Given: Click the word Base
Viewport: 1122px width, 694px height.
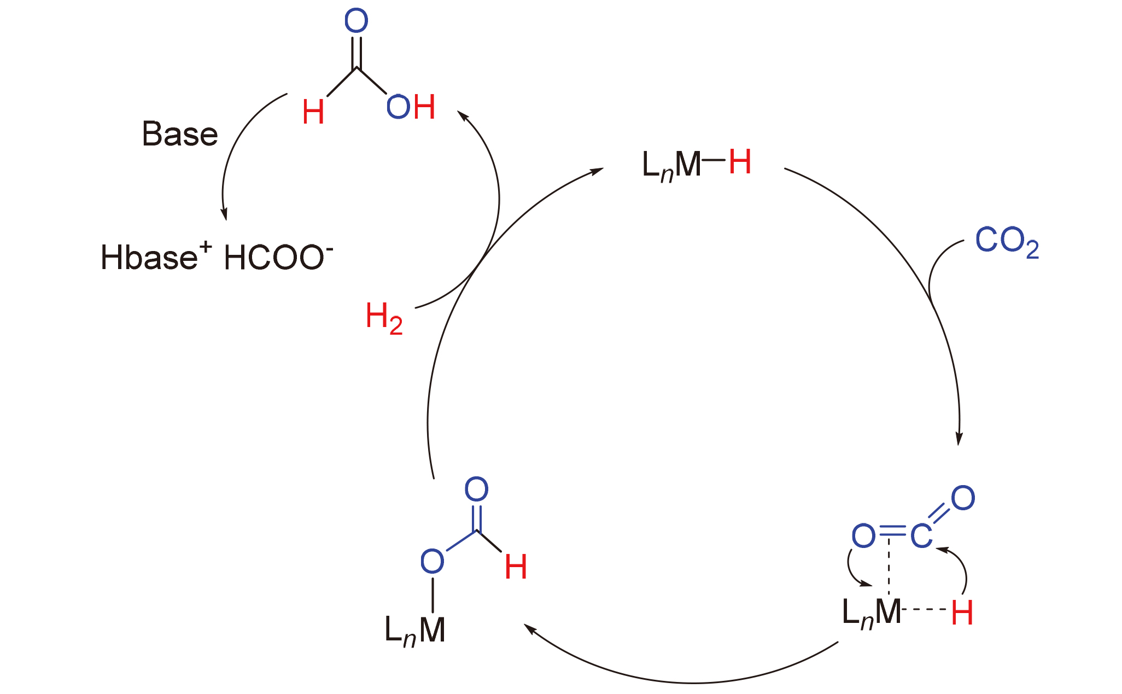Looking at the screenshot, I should point(180,134).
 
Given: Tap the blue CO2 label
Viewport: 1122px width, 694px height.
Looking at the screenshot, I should point(1007,241).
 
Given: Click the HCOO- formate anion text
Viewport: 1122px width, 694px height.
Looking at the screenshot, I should point(278,257).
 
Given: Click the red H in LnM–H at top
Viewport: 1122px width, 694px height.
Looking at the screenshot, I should point(740,162).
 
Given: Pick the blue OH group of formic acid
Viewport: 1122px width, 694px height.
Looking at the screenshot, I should point(411,107).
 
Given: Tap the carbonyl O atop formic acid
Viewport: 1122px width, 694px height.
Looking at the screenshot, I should point(356,21).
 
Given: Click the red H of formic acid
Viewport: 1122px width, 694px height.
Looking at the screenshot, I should point(313,113).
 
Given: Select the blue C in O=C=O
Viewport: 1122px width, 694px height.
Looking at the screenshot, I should point(921,535).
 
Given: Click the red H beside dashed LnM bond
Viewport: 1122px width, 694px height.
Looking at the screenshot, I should point(962,613).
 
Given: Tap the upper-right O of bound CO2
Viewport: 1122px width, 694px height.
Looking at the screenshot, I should point(963,498).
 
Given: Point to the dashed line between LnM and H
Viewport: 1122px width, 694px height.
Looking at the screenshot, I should point(925,609).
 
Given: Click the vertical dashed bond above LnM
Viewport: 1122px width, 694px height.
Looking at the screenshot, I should point(889,569).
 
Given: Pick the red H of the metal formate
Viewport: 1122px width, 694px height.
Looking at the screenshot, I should point(516,567).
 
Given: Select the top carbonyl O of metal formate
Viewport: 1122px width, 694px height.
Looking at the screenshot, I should point(476,489).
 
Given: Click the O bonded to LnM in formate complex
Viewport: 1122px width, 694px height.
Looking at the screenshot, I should point(432,561).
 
